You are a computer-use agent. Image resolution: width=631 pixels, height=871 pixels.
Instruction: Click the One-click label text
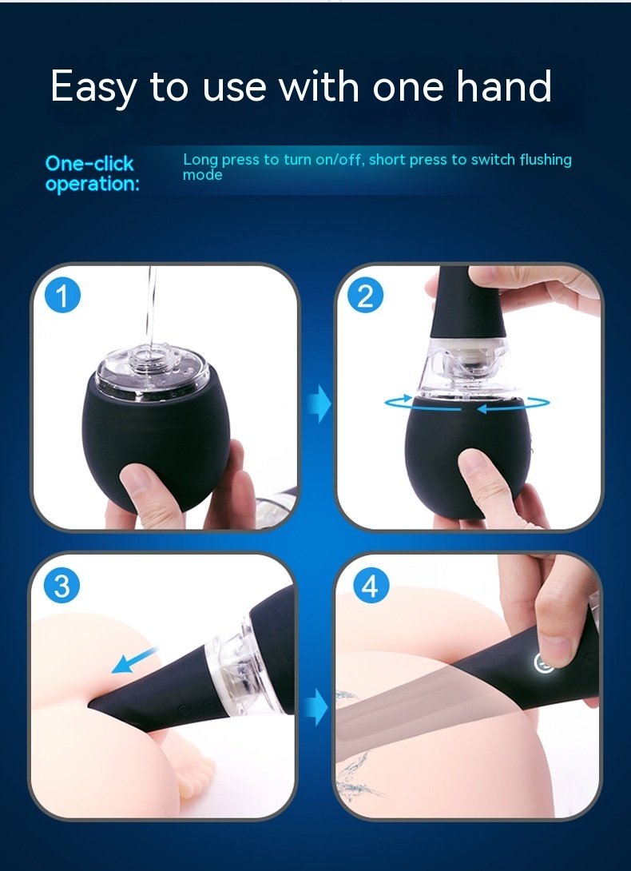[x=89, y=164]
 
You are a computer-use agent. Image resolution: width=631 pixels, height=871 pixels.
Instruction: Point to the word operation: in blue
[x=92, y=185]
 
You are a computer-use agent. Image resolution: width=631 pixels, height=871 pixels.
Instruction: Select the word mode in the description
[x=202, y=174]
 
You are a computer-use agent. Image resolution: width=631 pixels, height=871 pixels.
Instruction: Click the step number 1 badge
[x=62, y=296]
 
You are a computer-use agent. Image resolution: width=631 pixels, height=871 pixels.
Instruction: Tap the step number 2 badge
[x=365, y=296]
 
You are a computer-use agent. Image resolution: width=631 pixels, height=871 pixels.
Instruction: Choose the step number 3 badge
[x=62, y=587]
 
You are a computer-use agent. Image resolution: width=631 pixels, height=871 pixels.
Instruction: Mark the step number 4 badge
[x=368, y=587]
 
